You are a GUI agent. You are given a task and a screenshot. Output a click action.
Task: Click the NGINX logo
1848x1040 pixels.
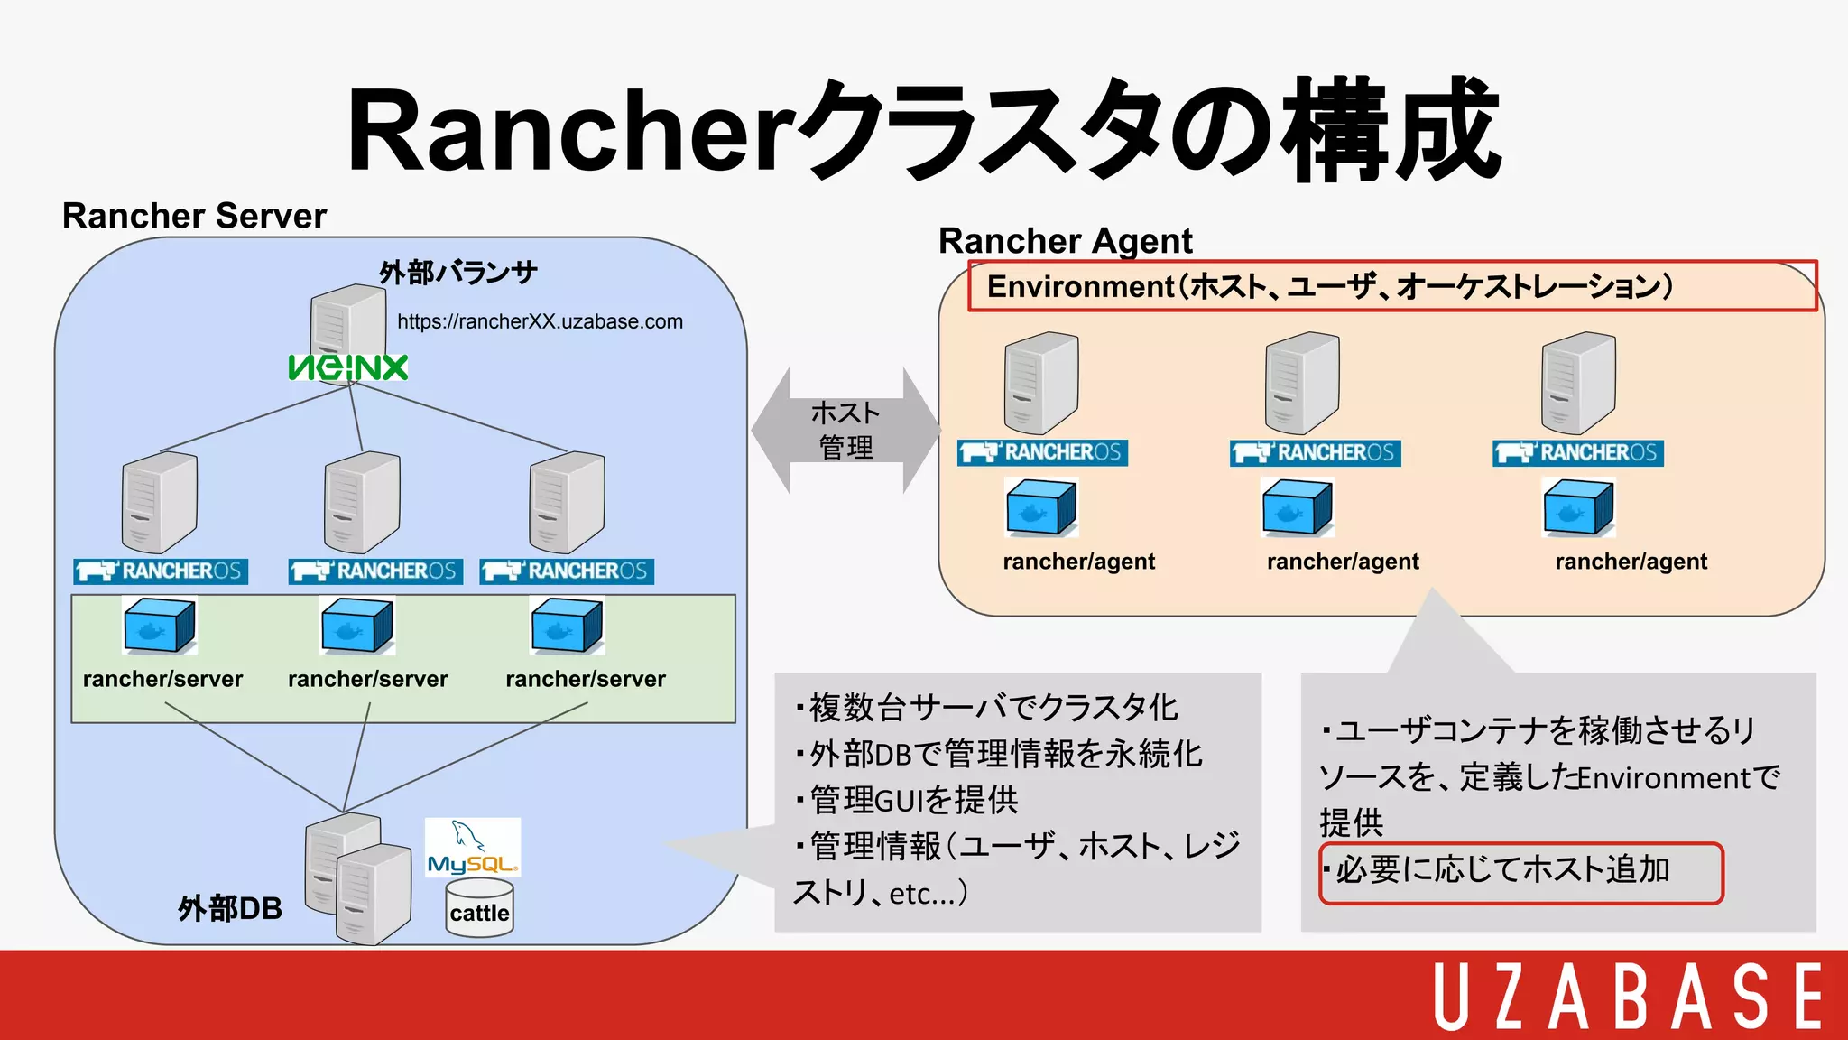[348, 367]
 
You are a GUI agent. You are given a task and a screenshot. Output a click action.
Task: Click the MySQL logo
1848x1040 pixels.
[473, 849]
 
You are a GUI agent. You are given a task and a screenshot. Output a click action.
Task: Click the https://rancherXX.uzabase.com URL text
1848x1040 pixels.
[540, 321]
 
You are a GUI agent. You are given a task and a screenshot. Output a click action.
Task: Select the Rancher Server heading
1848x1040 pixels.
[194, 216]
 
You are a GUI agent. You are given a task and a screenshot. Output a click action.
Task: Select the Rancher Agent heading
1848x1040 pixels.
[1065, 241]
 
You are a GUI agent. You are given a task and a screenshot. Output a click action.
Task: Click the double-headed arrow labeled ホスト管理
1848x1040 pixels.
[845, 431]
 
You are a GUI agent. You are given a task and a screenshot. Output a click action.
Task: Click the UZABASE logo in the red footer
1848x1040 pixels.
[1628, 996]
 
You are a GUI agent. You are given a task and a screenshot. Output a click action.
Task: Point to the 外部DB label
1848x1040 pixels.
[230, 908]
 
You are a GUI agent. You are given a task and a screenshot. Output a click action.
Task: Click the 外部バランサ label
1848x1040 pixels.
[458, 272]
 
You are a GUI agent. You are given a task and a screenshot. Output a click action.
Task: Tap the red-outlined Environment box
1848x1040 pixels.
[1391, 286]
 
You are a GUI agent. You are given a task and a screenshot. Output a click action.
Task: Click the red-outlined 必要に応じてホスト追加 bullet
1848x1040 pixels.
[1520, 872]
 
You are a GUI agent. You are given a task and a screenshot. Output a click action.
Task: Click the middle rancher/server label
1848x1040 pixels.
[367, 679]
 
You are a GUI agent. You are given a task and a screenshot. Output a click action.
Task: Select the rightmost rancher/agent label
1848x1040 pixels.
[1631, 562]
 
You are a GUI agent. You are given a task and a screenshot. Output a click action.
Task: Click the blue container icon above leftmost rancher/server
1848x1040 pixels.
[160, 626]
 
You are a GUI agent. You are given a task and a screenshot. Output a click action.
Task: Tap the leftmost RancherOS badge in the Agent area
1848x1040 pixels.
[1042, 452]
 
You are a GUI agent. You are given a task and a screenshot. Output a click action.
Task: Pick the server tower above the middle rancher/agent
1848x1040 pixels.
[1301, 383]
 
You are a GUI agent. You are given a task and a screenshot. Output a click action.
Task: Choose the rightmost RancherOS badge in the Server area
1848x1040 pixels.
[567, 571]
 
